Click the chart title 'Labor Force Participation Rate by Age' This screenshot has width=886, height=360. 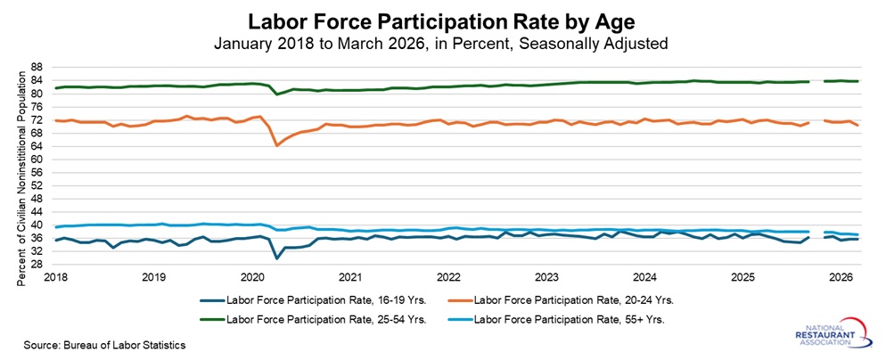click(x=443, y=20)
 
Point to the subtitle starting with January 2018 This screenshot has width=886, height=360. click(x=443, y=42)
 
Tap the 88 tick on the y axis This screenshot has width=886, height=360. click(x=37, y=67)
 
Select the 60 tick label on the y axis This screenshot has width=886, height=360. click(x=37, y=160)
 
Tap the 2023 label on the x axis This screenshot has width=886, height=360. click(x=546, y=277)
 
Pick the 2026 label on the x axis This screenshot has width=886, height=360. click(x=841, y=277)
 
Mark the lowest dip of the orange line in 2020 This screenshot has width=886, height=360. click(x=276, y=144)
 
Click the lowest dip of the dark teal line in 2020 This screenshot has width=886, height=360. click(x=276, y=258)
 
